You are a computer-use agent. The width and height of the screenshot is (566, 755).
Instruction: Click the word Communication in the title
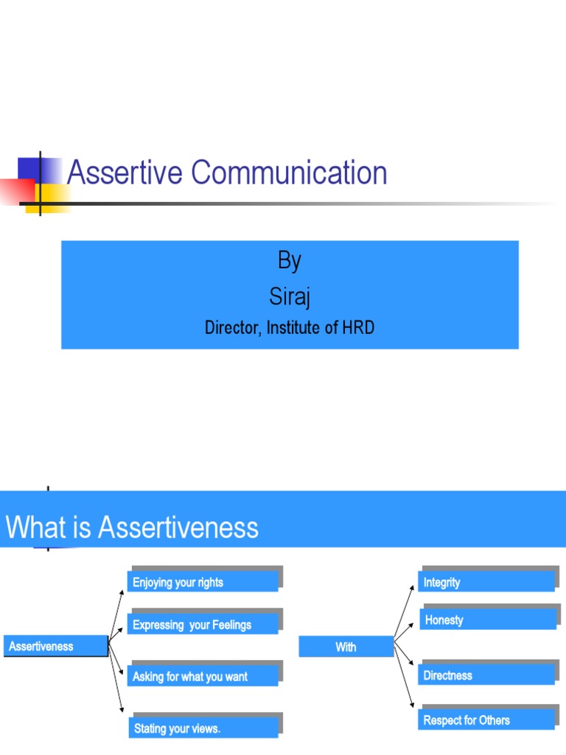coord(290,173)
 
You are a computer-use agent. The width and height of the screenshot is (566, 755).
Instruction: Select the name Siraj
coord(290,297)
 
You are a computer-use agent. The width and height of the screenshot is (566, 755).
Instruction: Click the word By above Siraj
coord(290,261)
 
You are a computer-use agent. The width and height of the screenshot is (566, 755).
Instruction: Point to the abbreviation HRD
coord(357,328)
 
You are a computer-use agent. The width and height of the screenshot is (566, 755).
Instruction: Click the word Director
coord(231,328)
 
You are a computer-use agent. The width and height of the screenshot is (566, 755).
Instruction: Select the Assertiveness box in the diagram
coord(56,647)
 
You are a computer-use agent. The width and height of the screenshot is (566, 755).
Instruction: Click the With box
coord(346,647)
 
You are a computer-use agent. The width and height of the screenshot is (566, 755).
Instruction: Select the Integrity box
coord(487,582)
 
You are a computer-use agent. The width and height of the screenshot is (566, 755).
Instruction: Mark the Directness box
coord(487,675)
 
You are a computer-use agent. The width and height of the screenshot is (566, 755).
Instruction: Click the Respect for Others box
coord(487,720)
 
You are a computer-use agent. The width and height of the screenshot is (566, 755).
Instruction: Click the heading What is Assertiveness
coord(133,528)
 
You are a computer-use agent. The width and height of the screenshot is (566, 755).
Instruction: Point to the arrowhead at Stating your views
coord(122,711)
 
